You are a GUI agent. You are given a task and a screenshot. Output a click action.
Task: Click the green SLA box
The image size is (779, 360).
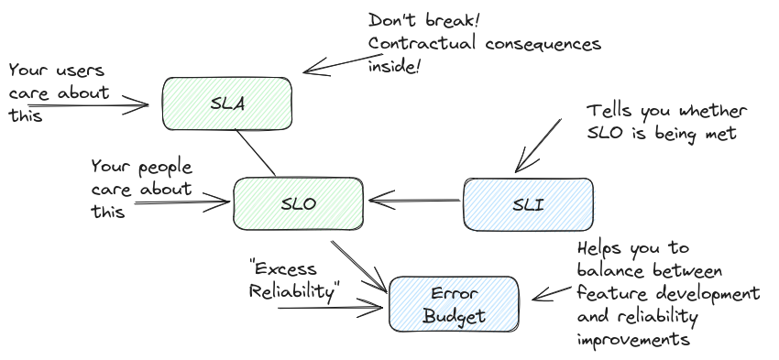[x=227, y=104]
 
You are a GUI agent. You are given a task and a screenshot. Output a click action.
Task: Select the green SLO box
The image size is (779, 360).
[x=298, y=203]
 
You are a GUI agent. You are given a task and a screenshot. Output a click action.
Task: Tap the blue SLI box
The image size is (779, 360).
[x=528, y=204]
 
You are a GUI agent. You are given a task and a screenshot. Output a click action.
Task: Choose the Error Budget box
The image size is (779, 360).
[x=454, y=304]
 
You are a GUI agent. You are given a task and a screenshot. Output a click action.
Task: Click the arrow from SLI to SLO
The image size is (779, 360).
[x=415, y=201]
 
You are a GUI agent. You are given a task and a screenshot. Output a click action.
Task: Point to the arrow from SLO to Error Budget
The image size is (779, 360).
[x=359, y=267]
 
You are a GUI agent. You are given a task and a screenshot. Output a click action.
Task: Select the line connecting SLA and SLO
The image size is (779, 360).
[x=256, y=153]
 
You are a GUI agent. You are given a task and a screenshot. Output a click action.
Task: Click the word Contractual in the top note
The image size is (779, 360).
[x=422, y=43]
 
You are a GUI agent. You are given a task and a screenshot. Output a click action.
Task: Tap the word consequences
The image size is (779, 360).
[x=543, y=44]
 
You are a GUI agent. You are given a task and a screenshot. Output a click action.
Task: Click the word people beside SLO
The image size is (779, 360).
[x=165, y=169]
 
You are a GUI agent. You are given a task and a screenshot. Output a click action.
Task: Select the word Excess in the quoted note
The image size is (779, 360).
[x=285, y=268]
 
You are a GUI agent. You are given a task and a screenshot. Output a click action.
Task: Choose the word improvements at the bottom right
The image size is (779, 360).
[x=633, y=339]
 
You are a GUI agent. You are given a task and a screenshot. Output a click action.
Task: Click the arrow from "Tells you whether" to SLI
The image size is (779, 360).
[x=539, y=146]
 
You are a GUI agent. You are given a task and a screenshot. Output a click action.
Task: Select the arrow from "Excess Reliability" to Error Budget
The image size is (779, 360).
[x=330, y=308]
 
